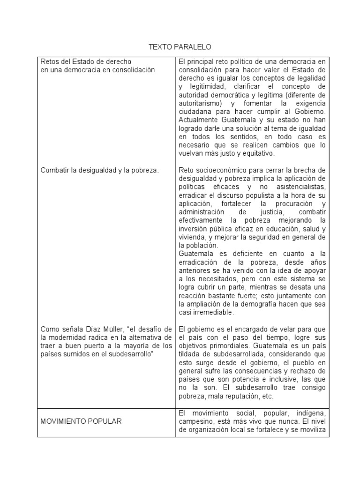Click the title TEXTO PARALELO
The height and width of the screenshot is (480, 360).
coord(180,47)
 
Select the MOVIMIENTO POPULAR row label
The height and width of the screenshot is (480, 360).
coord(81,421)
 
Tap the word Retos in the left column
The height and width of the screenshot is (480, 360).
coord(50,61)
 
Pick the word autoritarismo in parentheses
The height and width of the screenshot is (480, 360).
coord(202,103)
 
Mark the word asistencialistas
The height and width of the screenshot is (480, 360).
coord(299,187)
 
